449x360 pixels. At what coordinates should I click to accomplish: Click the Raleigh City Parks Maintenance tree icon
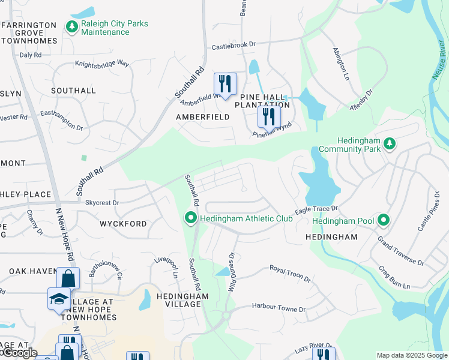72,27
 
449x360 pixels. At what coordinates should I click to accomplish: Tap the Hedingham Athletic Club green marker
191,218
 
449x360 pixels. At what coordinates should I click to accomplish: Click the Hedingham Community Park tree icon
390,143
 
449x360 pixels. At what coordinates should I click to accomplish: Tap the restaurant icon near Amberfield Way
225,83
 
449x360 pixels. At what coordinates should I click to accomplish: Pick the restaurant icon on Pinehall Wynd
268,116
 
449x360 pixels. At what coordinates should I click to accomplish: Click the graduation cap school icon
58,298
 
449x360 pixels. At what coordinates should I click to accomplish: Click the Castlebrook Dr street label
233,46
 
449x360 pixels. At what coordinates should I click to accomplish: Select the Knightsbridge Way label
102,63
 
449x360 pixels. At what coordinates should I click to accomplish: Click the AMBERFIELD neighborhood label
202,117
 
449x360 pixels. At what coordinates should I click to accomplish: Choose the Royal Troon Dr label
290,274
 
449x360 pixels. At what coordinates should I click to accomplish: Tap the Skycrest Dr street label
103,203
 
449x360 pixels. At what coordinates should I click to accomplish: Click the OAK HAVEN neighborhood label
32,271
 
